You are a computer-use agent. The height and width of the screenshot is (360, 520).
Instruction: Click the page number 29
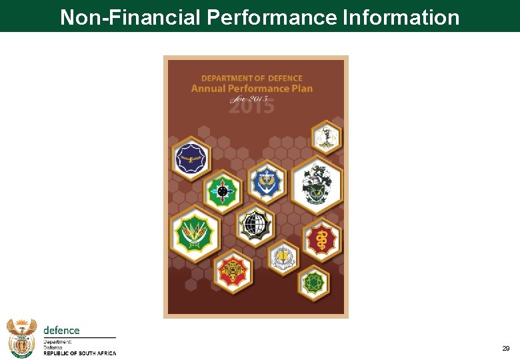click(x=505, y=349)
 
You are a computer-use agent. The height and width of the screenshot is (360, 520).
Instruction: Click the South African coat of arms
click(x=21, y=337)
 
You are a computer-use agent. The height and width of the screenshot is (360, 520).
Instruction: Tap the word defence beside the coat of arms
click(x=61, y=330)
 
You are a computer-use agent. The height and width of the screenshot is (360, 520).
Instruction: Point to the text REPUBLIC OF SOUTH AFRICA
click(x=79, y=353)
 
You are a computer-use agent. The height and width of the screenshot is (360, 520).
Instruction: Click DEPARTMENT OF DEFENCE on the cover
click(x=252, y=79)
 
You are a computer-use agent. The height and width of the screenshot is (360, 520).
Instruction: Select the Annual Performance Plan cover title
click(x=252, y=89)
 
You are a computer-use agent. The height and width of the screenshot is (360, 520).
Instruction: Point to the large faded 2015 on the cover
click(x=251, y=105)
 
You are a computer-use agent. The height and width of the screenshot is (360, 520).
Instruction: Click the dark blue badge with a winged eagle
click(x=192, y=159)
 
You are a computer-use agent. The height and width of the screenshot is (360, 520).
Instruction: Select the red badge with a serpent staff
click(x=322, y=239)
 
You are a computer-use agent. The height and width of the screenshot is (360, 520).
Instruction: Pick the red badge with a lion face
click(x=233, y=271)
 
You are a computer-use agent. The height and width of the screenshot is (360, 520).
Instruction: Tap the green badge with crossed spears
click(x=195, y=233)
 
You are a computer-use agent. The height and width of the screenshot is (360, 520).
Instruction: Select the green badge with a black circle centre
click(x=222, y=192)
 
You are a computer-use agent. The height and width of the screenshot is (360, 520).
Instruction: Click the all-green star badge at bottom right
click(x=313, y=283)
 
